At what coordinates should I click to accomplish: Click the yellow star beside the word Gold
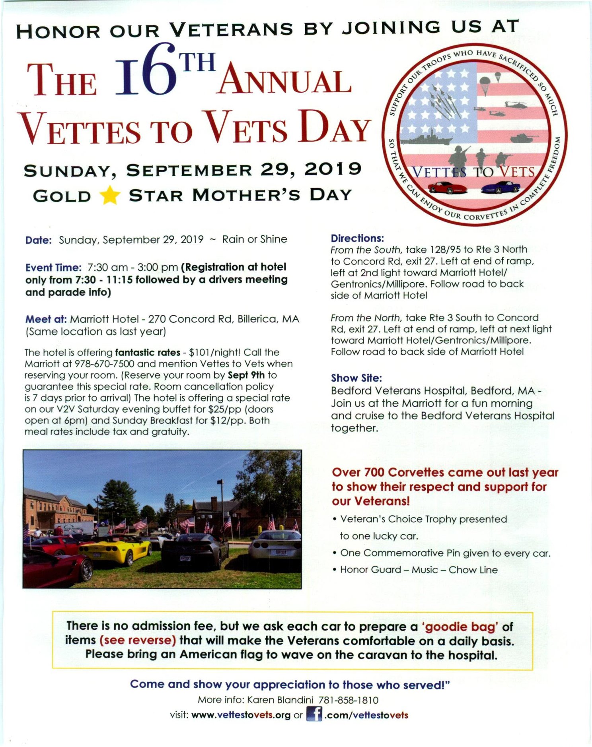109,195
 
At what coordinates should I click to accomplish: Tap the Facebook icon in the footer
314,714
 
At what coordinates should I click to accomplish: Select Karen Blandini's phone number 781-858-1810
349,700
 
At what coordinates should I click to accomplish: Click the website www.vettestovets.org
241,715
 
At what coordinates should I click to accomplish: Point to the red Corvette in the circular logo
448,187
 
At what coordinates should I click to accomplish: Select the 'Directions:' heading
357,238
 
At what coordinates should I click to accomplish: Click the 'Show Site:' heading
356,378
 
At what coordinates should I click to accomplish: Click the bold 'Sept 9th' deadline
246,375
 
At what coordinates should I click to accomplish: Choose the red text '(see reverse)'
138,640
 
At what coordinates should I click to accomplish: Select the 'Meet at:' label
46,319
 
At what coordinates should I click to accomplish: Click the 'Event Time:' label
53,267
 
